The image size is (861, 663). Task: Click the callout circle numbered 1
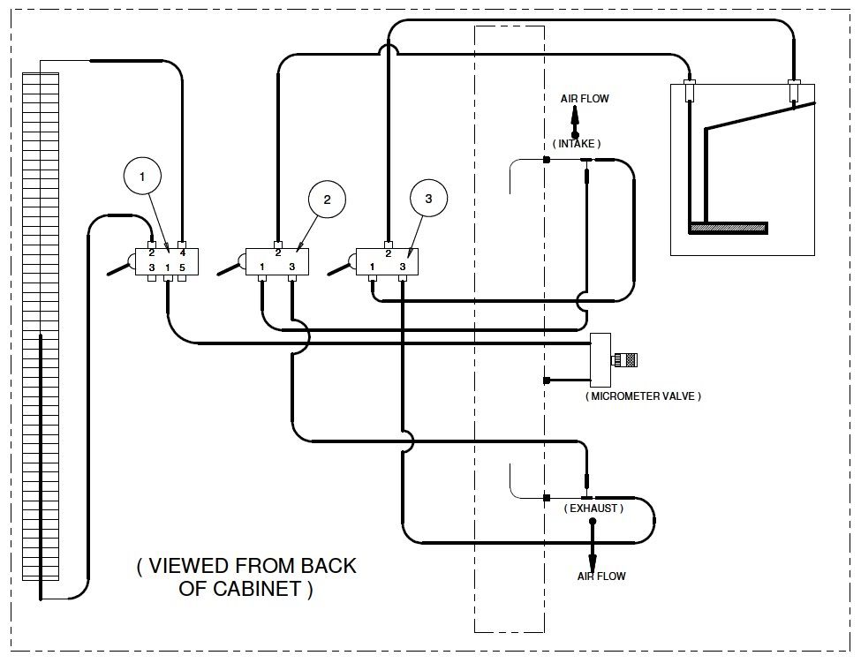pos(142,177)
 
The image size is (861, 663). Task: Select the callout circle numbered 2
pos(328,200)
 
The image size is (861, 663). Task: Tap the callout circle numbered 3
pos(428,198)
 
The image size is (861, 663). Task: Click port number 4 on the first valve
pos(183,253)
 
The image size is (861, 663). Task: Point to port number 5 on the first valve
pos(182,267)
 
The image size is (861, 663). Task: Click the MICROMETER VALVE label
pos(643,396)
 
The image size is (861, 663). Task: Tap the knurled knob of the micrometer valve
pos(626,360)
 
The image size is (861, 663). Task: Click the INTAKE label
pos(576,143)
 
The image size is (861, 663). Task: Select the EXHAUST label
pos(593,509)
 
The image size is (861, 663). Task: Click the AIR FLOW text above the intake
pos(585,99)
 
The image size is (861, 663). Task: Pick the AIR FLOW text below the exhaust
pos(601,576)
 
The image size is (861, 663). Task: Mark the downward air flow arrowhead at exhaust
pos(593,563)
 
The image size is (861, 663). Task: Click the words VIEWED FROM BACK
pos(246,565)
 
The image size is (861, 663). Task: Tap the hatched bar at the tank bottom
pos(729,228)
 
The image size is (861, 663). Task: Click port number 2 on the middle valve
pos(278,253)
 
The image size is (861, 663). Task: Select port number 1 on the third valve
pos(373,267)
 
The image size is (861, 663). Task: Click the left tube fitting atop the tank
pos(690,90)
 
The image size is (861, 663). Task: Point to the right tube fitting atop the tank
pos(794,90)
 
